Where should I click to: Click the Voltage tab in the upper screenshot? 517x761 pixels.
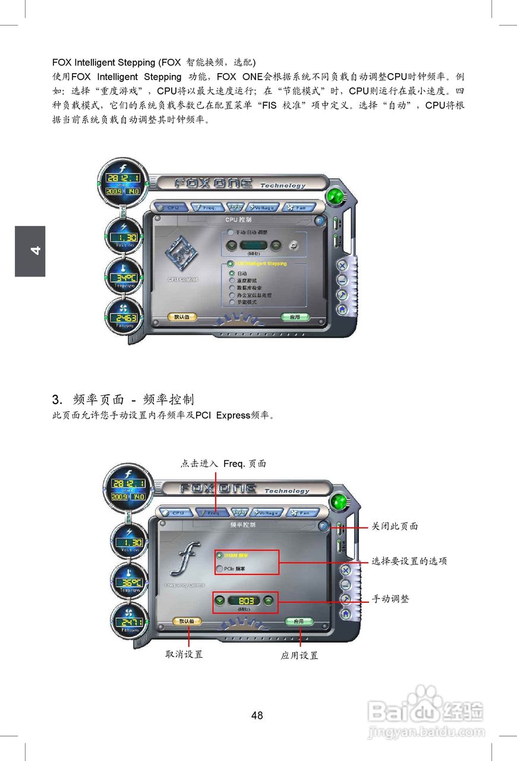[263, 207]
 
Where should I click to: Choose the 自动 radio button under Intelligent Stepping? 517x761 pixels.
[232, 273]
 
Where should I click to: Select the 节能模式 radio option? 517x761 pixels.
[232, 302]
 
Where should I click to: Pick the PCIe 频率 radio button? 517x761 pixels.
[220, 569]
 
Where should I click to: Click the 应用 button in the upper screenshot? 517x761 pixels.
[295, 317]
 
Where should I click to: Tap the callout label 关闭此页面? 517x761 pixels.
[395, 526]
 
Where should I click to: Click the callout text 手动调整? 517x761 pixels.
[390, 599]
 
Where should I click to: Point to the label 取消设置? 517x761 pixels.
[184, 654]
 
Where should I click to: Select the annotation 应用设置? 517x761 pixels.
[299, 655]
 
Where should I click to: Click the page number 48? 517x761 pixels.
[257, 715]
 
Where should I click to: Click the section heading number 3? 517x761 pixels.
[57, 399]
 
